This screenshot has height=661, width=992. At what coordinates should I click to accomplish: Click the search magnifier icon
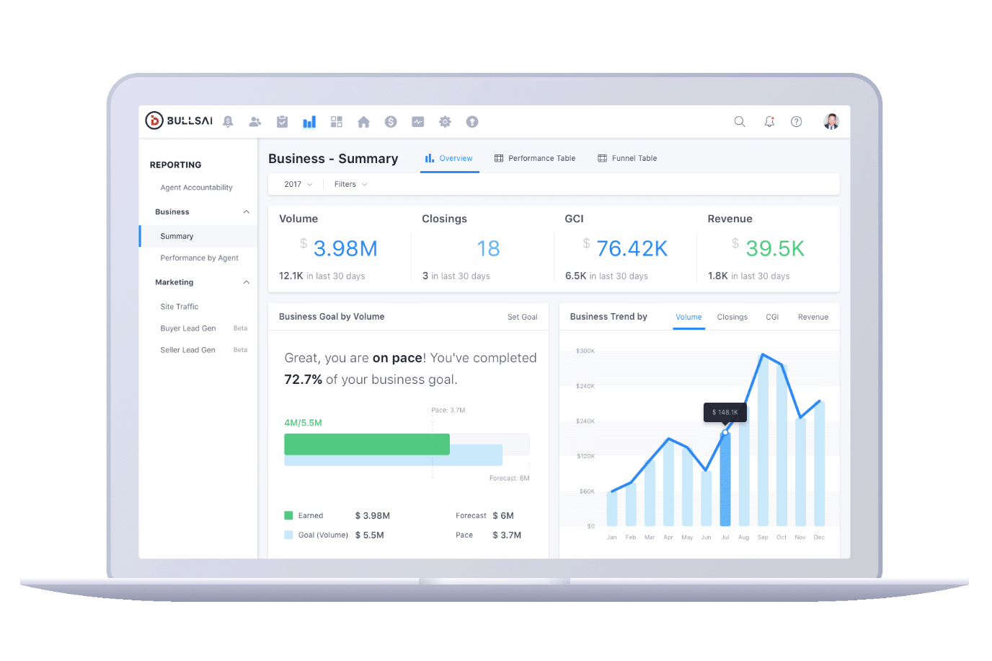[x=740, y=121]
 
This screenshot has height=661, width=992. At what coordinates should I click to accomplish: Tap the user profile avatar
[x=831, y=121]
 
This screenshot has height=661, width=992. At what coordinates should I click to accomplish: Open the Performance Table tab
[x=535, y=158]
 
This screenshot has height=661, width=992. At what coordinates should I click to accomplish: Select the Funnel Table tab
[x=627, y=158]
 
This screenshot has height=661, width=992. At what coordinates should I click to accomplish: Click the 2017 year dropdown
[x=298, y=184]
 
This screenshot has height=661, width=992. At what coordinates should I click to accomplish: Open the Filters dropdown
[x=350, y=184]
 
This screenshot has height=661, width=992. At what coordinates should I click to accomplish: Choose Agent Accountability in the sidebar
[x=196, y=188]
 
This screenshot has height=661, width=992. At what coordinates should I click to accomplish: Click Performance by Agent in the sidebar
[x=199, y=258]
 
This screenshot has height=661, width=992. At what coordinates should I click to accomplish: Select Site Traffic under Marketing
[x=180, y=307]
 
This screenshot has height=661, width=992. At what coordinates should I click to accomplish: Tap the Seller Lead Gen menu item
[x=187, y=350]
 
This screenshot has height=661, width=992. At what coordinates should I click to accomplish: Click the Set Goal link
[x=522, y=317]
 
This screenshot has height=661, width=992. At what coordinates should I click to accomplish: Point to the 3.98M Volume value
[x=345, y=248]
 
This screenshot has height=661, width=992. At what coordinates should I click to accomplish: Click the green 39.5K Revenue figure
[x=775, y=248]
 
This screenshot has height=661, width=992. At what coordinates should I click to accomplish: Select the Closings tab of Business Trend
[x=732, y=317]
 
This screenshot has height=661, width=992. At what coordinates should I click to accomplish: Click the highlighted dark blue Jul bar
[x=725, y=479]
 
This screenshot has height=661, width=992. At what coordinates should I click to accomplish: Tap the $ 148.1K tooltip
[x=725, y=412]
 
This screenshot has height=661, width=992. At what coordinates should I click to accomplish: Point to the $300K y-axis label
[x=585, y=351]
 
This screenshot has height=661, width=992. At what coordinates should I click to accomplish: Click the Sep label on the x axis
[x=763, y=538]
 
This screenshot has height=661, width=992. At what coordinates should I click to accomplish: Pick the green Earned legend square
[x=288, y=515]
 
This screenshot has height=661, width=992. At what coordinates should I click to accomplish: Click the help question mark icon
[x=796, y=121]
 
